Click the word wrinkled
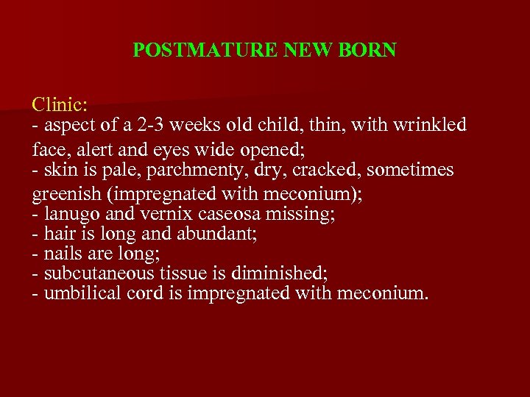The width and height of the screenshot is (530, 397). [433, 125]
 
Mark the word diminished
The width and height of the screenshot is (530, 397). [279, 273]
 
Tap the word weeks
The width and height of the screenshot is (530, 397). [190, 125]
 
